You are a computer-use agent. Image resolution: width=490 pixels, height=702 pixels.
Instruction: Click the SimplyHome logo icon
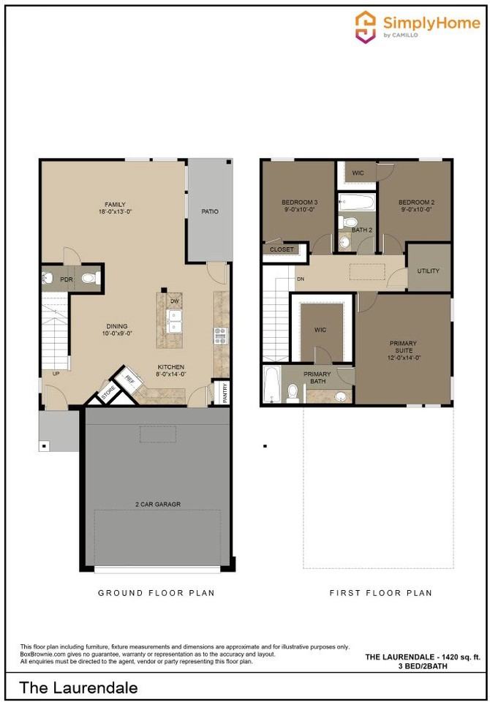[x=366, y=27]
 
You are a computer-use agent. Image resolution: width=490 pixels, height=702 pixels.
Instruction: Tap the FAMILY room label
[x=114, y=205]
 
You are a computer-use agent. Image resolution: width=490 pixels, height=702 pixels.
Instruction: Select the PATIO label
[x=209, y=212]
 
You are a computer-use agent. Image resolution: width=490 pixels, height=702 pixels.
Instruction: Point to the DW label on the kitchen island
[x=175, y=301]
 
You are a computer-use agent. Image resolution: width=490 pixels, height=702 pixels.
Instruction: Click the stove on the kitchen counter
[x=219, y=335]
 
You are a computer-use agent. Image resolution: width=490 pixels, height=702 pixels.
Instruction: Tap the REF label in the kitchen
[x=129, y=379]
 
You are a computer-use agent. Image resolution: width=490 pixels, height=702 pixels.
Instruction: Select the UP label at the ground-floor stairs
[x=56, y=374]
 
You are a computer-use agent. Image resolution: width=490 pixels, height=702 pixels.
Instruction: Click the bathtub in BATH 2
[x=356, y=201]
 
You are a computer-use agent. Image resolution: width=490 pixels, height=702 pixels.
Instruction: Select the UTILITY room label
[x=429, y=271]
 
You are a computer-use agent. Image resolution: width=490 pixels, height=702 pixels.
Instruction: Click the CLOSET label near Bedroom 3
[x=282, y=249]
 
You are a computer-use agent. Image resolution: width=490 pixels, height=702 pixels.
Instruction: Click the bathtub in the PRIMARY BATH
[x=271, y=385]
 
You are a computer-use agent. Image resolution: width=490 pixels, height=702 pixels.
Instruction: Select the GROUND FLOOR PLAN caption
[x=157, y=593]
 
